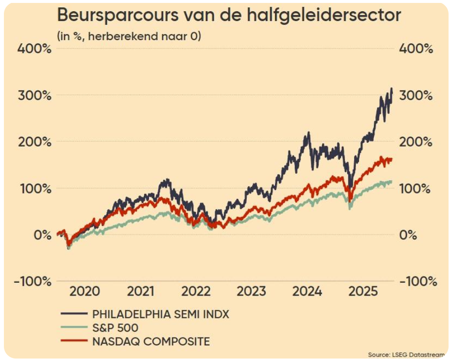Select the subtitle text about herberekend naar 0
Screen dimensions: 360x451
[129, 36]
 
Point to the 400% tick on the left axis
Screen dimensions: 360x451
[34, 49]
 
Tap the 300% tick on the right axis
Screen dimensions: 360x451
[416, 95]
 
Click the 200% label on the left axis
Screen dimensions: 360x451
[34, 142]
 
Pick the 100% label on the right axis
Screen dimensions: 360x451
[416, 189]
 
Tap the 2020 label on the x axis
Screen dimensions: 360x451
[85, 292]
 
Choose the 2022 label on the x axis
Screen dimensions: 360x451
[196, 292]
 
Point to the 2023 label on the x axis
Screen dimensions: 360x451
[252, 292]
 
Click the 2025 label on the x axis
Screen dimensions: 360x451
[363, 292]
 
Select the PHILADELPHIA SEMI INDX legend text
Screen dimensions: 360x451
[161, 314]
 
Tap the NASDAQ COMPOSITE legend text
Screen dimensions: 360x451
[151, 341]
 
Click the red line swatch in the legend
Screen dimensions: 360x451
[73, 341]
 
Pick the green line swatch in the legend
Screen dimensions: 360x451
[73, 328]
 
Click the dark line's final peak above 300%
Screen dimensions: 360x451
[391, 89]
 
